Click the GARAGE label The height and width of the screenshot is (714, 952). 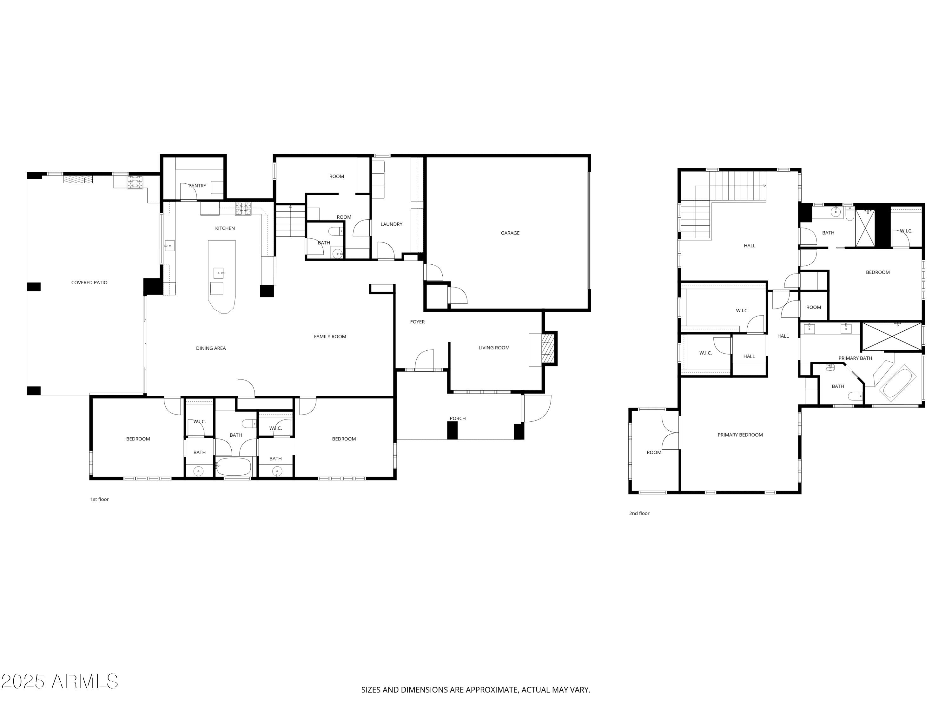pos(510,233)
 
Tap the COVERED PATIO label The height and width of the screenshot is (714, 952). pos(89,282)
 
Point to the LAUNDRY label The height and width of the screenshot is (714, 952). pos(391,224)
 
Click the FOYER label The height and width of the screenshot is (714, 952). pos(417,321)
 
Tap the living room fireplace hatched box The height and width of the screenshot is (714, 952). pos(546,348)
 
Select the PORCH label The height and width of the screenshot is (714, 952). pos(458,418)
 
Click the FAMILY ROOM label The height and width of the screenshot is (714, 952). pos(330,337)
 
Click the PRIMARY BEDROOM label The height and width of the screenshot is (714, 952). pos(740,435)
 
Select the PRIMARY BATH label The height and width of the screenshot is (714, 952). pos(855,358)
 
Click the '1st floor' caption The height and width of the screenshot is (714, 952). pos(99,499)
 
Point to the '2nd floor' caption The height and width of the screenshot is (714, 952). pos(639,513)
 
